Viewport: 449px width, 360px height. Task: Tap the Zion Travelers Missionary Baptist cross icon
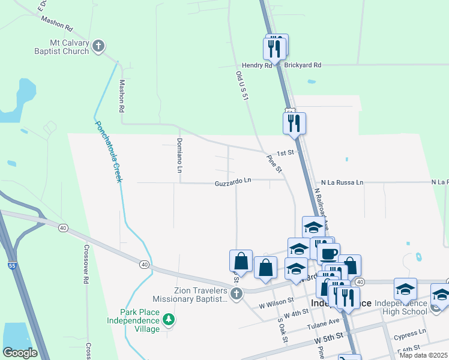click(x=237, y=294)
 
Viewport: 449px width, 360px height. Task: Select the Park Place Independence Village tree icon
click(x=170, y=319)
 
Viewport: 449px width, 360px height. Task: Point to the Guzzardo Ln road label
click(x=233, y=181)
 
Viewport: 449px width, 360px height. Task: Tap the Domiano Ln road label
click(x=179, y=155)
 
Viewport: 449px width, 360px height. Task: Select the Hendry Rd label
click(x=257, y=65)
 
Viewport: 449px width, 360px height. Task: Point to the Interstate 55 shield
click(x=13, y=263)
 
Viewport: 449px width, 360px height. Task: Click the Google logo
click(x=20, y=353)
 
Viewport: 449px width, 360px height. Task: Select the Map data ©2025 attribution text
click(x=423, y=355)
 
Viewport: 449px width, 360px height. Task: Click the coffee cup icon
click(x=328, y=253)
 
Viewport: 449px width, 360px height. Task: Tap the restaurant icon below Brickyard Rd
click(x=295, y=123)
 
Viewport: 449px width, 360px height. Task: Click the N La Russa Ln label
click(x=342, y=182)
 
